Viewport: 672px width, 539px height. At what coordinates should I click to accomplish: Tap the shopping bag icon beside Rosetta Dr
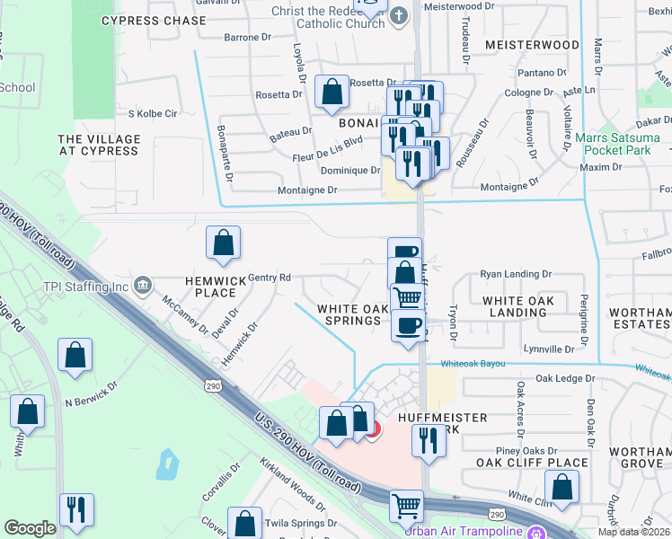click(x=332, y=91)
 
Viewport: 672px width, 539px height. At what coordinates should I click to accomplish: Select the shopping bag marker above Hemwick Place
click(x=223, y=243)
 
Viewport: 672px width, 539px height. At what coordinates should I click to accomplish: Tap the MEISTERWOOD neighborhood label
click(x=532, y=45)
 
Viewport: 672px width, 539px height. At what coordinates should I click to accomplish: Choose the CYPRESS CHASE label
click(x=154, y=21)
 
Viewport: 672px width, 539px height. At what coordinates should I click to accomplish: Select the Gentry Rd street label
click(x=270, y=278)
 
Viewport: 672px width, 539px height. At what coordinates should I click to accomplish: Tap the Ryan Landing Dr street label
click(x=516, y=274)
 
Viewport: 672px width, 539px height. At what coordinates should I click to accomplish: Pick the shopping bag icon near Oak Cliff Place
click(x=562, y=487)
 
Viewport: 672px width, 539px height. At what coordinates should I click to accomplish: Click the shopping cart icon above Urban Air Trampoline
click(x=406, y=505)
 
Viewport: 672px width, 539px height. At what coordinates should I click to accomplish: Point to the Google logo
click(x=30, y=528)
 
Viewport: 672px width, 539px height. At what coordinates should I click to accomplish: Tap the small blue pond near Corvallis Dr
click(x=167, y=464)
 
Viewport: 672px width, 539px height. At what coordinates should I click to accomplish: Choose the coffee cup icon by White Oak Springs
click(x=409, y=324)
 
